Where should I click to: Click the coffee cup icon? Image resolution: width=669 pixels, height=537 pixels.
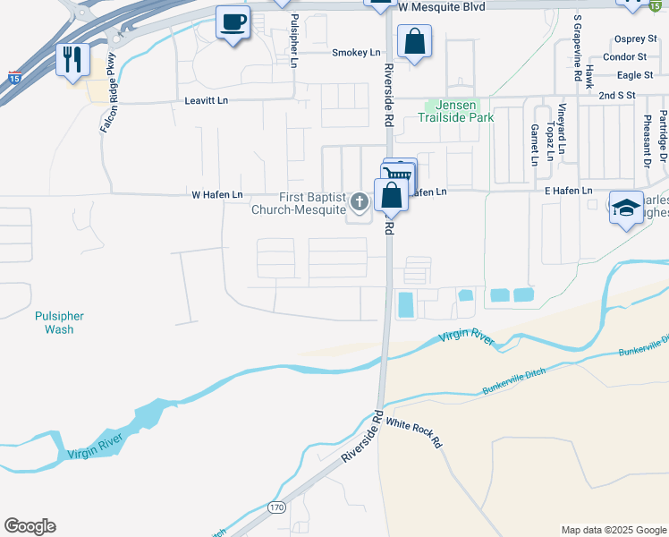233,22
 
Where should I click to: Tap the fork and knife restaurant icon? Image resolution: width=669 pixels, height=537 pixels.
72,60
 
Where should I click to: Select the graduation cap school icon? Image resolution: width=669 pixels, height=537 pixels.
626,208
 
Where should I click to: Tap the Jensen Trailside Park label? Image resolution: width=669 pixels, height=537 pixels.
452,111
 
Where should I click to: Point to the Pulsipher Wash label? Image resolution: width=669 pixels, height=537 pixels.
59,322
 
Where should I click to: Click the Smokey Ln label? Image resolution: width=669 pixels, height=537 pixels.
356,53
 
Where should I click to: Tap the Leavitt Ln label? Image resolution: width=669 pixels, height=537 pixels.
208,101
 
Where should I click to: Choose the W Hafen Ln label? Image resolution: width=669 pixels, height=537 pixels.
217,194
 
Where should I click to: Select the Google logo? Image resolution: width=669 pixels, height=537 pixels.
30,526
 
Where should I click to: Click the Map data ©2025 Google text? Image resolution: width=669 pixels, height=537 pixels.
613,530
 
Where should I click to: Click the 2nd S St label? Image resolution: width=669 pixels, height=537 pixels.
616,95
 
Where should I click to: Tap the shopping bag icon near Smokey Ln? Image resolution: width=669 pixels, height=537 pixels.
415,41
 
